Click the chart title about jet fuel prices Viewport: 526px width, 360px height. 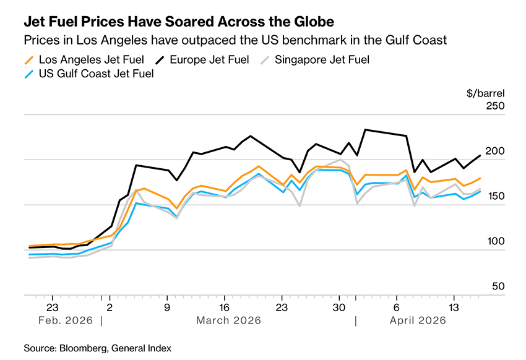tap(179, 22)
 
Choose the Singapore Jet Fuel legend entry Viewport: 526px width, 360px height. tap(322, 60)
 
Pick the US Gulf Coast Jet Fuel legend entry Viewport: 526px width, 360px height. tap(96, 74)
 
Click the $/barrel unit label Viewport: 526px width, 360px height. tap(486, 93)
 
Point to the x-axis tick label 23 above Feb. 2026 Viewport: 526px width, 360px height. tap(52, 307)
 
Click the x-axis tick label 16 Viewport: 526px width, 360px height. tap(225, 307)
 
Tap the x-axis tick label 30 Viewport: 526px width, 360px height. tap(339, 307)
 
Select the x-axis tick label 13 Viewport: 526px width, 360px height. tap(454, 307)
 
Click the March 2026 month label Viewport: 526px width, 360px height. tap(228, 320)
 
